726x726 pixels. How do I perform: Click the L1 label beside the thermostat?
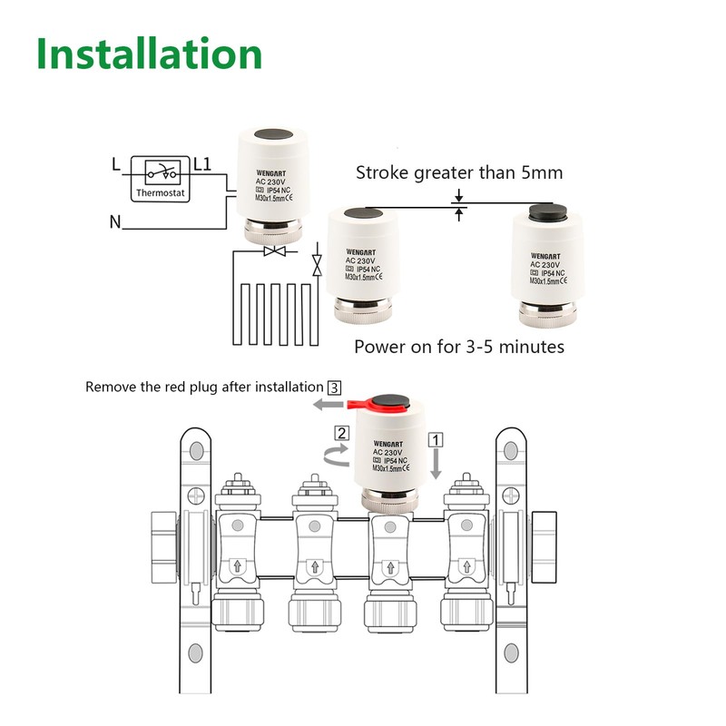pos(202,165)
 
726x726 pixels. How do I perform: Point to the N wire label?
pos(114,221)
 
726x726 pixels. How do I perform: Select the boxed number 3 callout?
pos(334,387)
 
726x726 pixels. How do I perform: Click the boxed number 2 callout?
pos(341,433)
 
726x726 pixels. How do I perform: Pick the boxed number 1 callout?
pos(437,438)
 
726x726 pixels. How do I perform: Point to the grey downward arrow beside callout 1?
pos(437,465)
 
